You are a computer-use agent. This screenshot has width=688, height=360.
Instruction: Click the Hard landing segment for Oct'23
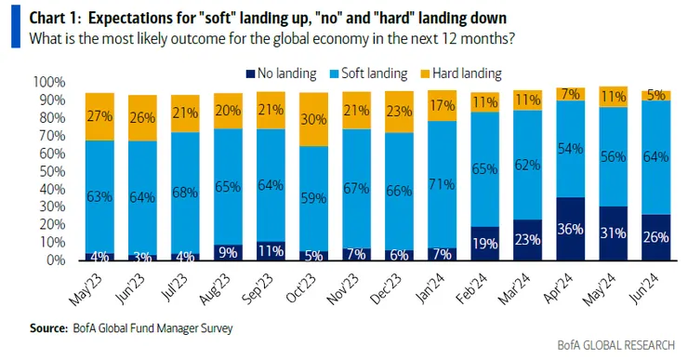313,119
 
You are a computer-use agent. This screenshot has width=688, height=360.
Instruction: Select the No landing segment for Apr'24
571,229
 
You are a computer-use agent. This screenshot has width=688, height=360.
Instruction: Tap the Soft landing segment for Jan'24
442,184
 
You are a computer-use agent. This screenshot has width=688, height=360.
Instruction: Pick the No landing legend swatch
250,73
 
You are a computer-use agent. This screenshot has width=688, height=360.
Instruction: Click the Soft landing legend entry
368,73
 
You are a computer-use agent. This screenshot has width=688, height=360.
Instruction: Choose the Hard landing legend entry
461,73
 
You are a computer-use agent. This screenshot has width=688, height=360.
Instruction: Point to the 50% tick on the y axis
52,171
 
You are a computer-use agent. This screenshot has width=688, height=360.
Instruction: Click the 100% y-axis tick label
49,82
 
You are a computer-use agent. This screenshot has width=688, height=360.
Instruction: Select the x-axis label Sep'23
258,288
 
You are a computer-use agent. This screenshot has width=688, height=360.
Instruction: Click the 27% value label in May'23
99,116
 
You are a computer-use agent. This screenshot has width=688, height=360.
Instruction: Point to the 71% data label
442,184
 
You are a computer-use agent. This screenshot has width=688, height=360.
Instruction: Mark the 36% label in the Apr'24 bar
571,229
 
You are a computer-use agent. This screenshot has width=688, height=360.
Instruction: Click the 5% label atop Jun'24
656,95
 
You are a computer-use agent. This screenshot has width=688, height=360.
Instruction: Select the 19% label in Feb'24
484,243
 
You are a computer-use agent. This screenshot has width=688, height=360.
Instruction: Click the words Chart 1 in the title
55,18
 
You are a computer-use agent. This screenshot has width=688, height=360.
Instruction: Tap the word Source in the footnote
48,328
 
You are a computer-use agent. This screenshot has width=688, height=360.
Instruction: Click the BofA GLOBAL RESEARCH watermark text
616,345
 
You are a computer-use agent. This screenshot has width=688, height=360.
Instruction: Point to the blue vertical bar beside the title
16,26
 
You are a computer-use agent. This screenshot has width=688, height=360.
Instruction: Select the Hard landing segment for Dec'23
399,112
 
